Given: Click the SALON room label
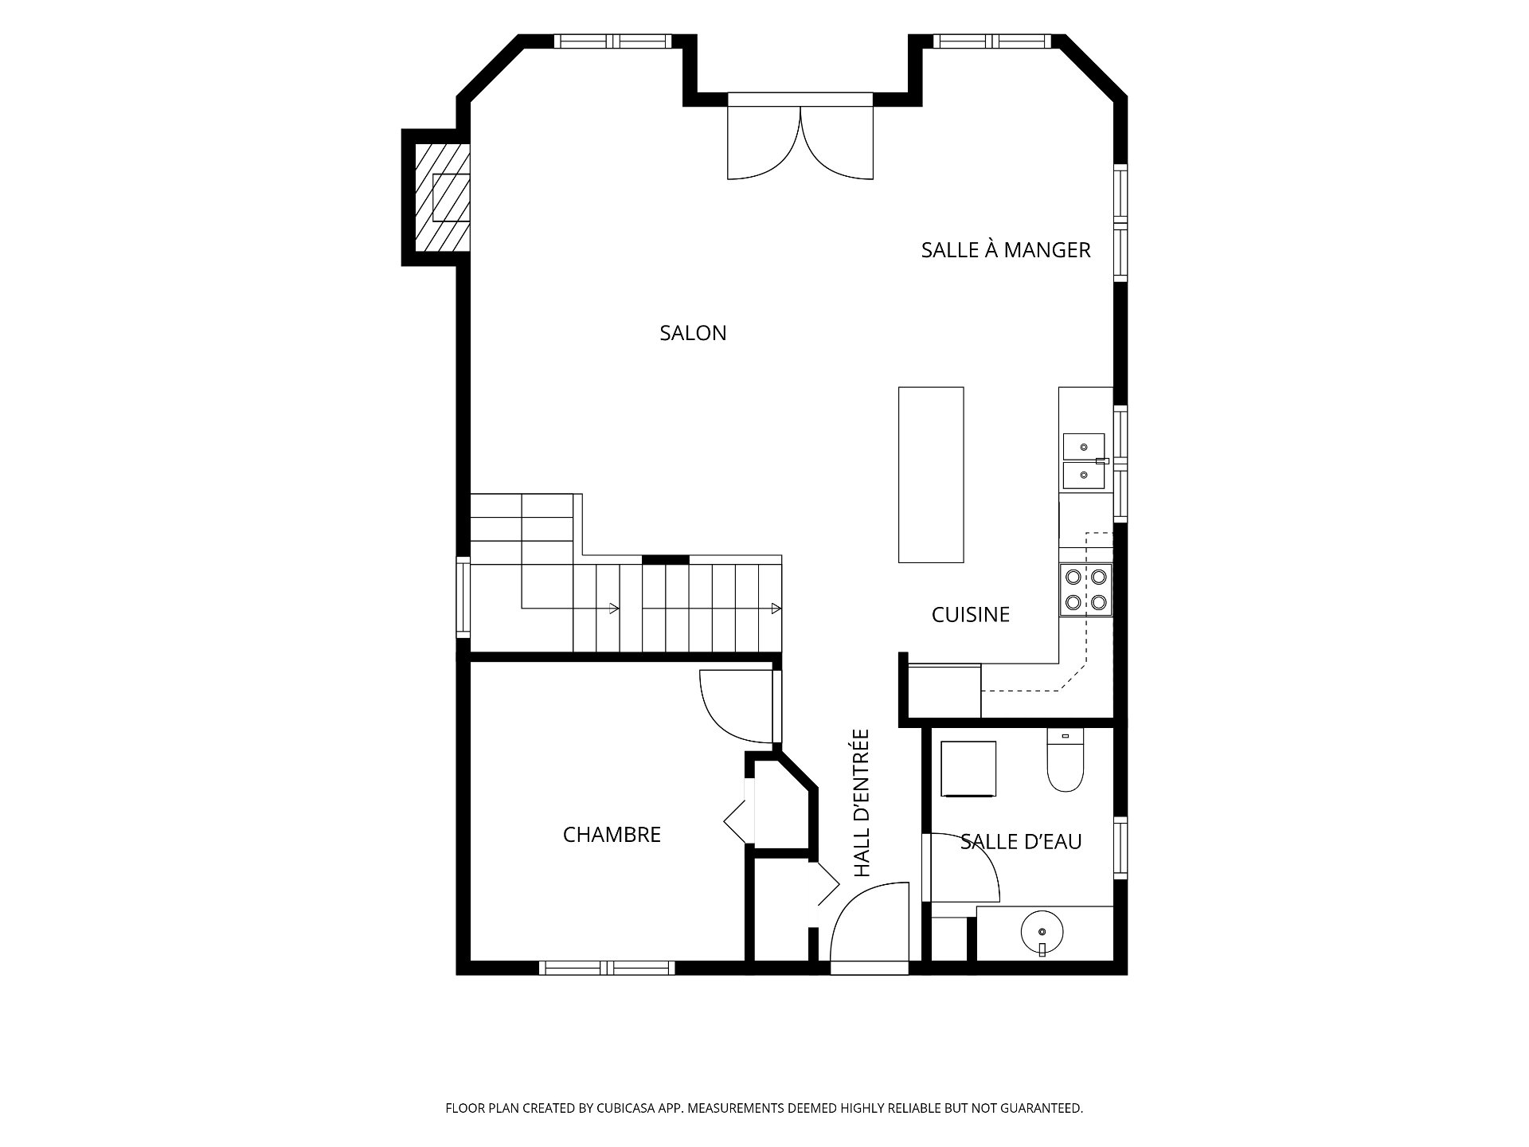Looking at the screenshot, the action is coord(693,333).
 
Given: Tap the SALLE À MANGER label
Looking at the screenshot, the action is coord(1006,249).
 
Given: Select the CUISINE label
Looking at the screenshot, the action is coord(971,614).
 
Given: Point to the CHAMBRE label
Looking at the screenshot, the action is coord(612,835).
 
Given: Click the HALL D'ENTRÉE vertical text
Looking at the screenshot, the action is coord(861,804).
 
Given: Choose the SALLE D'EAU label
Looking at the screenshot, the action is coord(1021,842).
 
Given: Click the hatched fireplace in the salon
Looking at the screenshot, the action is coord(442,197).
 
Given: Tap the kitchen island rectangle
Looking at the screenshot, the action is coord(931,475).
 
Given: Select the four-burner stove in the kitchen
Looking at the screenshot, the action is coord(1085,589).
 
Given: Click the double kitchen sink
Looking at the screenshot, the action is coord(1084,461).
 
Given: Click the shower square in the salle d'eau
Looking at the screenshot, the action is coord(968,769).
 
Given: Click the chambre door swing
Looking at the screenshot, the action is coord(737,706).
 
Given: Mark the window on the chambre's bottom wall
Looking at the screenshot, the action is coord(608,968).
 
